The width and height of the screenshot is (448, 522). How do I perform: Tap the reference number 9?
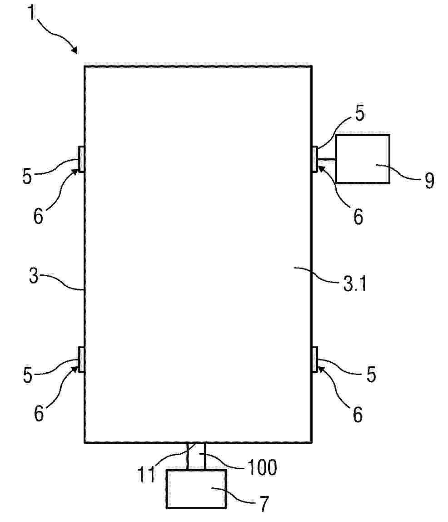(x=429, y=180)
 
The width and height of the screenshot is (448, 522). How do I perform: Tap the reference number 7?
(x=264, y=504)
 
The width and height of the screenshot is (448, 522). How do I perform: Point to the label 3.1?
(x=354, y=284)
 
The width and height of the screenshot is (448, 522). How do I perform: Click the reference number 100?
(x=262, y=467)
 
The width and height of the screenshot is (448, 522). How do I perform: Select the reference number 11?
(x=146, y=474)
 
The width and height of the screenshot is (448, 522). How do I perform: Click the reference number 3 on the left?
(x=34, y=276)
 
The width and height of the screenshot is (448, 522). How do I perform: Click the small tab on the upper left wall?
(x=81, y=159)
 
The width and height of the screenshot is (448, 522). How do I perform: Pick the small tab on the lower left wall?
(x=81, y=359)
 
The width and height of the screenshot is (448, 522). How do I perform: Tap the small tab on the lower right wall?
(x=314, y=359)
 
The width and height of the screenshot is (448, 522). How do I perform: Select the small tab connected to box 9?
(x=314, y=159)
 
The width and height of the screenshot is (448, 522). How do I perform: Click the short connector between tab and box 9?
(x=326, y=160)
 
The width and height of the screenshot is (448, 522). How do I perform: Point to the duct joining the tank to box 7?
(x=196, y=456)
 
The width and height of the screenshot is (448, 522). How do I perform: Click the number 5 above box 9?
(x=359, y=113)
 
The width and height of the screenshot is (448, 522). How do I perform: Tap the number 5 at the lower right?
(x=371, y=374)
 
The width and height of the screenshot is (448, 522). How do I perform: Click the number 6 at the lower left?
(x=39, y=414)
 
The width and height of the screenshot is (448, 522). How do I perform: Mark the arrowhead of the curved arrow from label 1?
(x=75, y=51)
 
